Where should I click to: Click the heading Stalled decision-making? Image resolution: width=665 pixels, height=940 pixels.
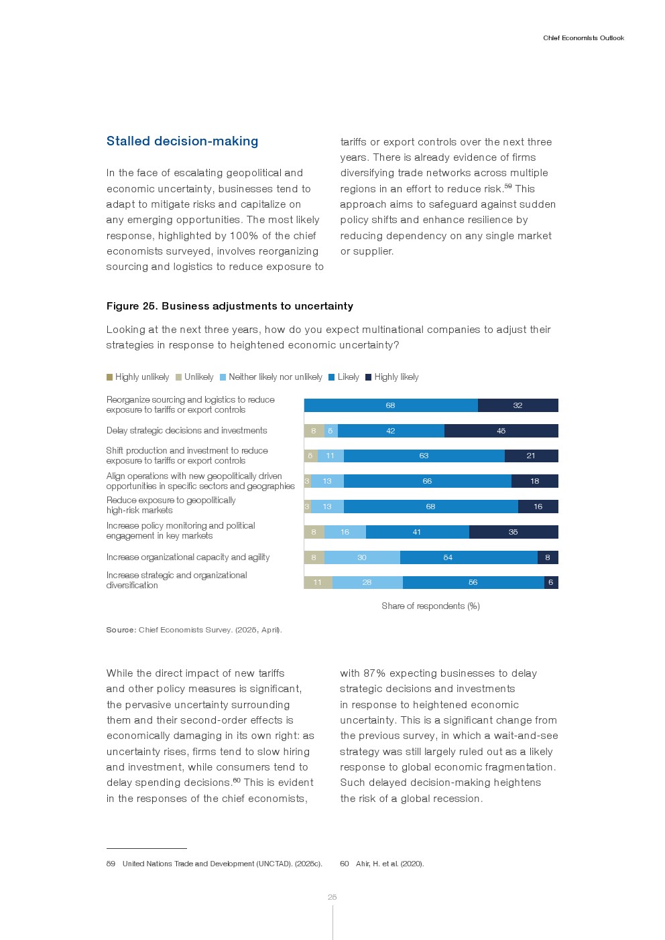(182, 141)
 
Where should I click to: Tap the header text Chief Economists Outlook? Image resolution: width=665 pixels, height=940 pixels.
(583, 38)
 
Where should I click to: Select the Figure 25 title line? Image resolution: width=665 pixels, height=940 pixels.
(229, 306)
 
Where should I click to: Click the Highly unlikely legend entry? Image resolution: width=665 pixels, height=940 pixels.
(138, 377)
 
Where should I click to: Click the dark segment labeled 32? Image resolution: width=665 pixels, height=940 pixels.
(518, 405)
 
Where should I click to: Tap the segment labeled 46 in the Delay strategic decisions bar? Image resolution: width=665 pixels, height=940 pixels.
(501, 431)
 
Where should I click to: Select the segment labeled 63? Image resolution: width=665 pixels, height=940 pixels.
(424, 456)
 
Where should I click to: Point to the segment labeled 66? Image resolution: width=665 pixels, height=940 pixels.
(427, 481)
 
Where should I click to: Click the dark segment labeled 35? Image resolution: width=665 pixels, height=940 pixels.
(513, 532)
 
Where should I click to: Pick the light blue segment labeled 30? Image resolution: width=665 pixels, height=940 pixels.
(362, 557)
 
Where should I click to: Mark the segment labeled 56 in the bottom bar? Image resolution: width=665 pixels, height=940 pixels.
(473, 582)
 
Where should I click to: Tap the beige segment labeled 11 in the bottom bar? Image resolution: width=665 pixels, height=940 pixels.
(318, 582)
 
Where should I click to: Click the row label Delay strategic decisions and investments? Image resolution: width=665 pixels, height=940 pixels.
(186, 431)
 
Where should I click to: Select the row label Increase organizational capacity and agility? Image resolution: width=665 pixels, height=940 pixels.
(188, 557)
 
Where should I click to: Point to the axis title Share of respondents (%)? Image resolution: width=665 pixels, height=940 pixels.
(430, 606)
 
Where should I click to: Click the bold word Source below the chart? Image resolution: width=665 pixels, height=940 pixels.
(121, 630)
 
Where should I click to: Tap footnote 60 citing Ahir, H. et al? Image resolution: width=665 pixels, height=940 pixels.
(382, 864)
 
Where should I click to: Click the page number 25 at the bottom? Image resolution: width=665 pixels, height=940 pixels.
(332, 897)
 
